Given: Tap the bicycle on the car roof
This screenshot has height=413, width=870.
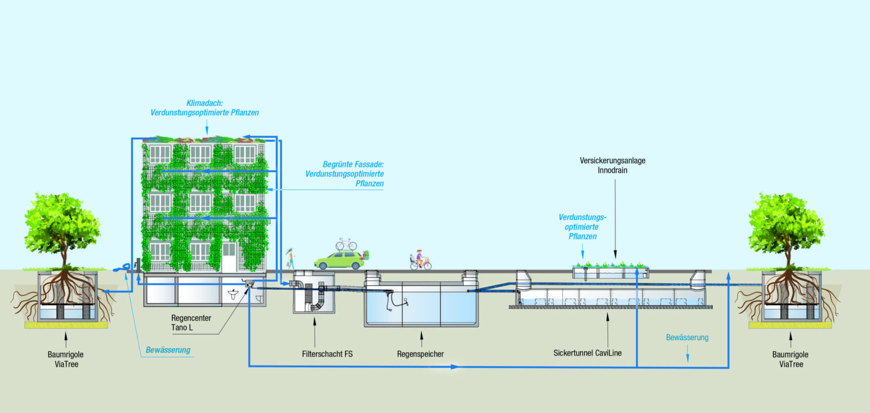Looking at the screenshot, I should point(346,244).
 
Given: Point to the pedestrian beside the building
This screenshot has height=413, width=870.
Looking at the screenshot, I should point(291,257).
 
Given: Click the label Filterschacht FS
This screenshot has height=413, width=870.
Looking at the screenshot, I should point(327,354).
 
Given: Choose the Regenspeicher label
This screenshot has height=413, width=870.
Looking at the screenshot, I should point(420,354).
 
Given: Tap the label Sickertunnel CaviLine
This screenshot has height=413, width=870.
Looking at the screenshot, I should point(587,353).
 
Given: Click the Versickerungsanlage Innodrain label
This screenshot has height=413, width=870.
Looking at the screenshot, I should point(612,165).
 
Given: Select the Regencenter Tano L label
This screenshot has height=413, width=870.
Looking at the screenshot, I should point(190,323).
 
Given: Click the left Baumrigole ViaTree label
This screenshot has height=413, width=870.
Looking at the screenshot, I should point(66,359).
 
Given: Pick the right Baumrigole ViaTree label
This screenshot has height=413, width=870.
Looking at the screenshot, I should point(791,359).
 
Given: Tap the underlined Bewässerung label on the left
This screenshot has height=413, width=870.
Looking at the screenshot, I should point(168,350).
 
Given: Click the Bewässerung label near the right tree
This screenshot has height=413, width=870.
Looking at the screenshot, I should point(687,337).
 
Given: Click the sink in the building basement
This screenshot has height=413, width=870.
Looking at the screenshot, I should point(233,295).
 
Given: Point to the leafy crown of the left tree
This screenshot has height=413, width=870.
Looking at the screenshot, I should point(61,223).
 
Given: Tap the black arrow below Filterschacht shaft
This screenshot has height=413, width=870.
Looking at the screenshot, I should point(315,324).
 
